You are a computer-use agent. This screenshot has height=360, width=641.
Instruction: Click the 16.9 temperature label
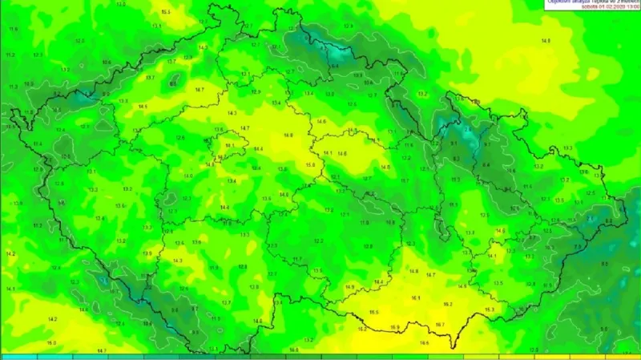coord(394,327)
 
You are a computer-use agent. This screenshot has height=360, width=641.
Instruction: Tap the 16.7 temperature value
coord(440,325)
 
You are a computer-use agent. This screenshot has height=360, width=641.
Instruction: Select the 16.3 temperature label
coord(489,309)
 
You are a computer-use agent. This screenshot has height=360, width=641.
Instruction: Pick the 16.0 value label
coord(52,343)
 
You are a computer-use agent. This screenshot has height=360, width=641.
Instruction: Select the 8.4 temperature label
coord(486,165)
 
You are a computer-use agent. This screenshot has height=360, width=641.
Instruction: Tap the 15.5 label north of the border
coord(373,312)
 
